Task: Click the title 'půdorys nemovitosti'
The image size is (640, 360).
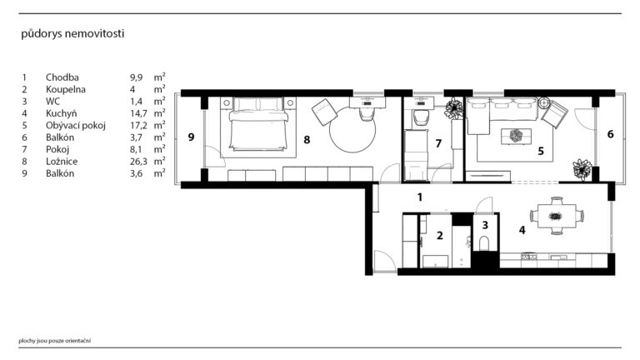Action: coord(72,34)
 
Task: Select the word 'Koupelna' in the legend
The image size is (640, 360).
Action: coord(65,89)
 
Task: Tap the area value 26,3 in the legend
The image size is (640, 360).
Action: coord(138,162)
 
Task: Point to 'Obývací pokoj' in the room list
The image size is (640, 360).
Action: coord(76,125)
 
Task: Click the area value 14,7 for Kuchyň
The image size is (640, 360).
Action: coord(138,113)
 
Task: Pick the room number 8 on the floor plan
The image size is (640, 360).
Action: coord(307,140)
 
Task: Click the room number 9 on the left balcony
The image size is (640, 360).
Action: coord(191,137)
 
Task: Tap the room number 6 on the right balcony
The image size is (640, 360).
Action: coord(611,134)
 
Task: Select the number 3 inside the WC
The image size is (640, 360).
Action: coord(485,225)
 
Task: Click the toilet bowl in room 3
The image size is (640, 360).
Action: coord(484,242)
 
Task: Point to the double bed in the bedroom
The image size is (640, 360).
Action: coord(258,123)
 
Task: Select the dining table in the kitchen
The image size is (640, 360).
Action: coord(557,216)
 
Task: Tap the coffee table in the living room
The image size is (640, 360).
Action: coord(517,136)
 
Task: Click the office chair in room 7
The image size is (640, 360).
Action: coord(420,118)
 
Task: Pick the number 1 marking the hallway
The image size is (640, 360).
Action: coord(420,197)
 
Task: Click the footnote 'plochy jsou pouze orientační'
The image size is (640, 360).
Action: coord(55,341)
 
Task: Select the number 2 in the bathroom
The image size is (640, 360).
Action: coord(440,236)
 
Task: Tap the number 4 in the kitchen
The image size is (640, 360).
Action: coord(522,230)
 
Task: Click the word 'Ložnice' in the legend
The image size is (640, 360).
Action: coord(62,162)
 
